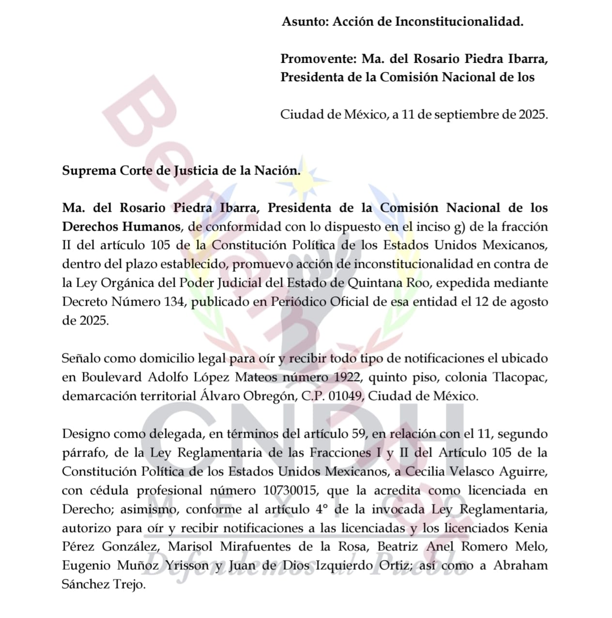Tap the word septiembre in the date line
click(x=462, y=115)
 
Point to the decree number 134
click(x=174, y=302)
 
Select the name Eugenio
click(x=86, y=566)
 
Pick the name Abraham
click(x=520, y=566)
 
